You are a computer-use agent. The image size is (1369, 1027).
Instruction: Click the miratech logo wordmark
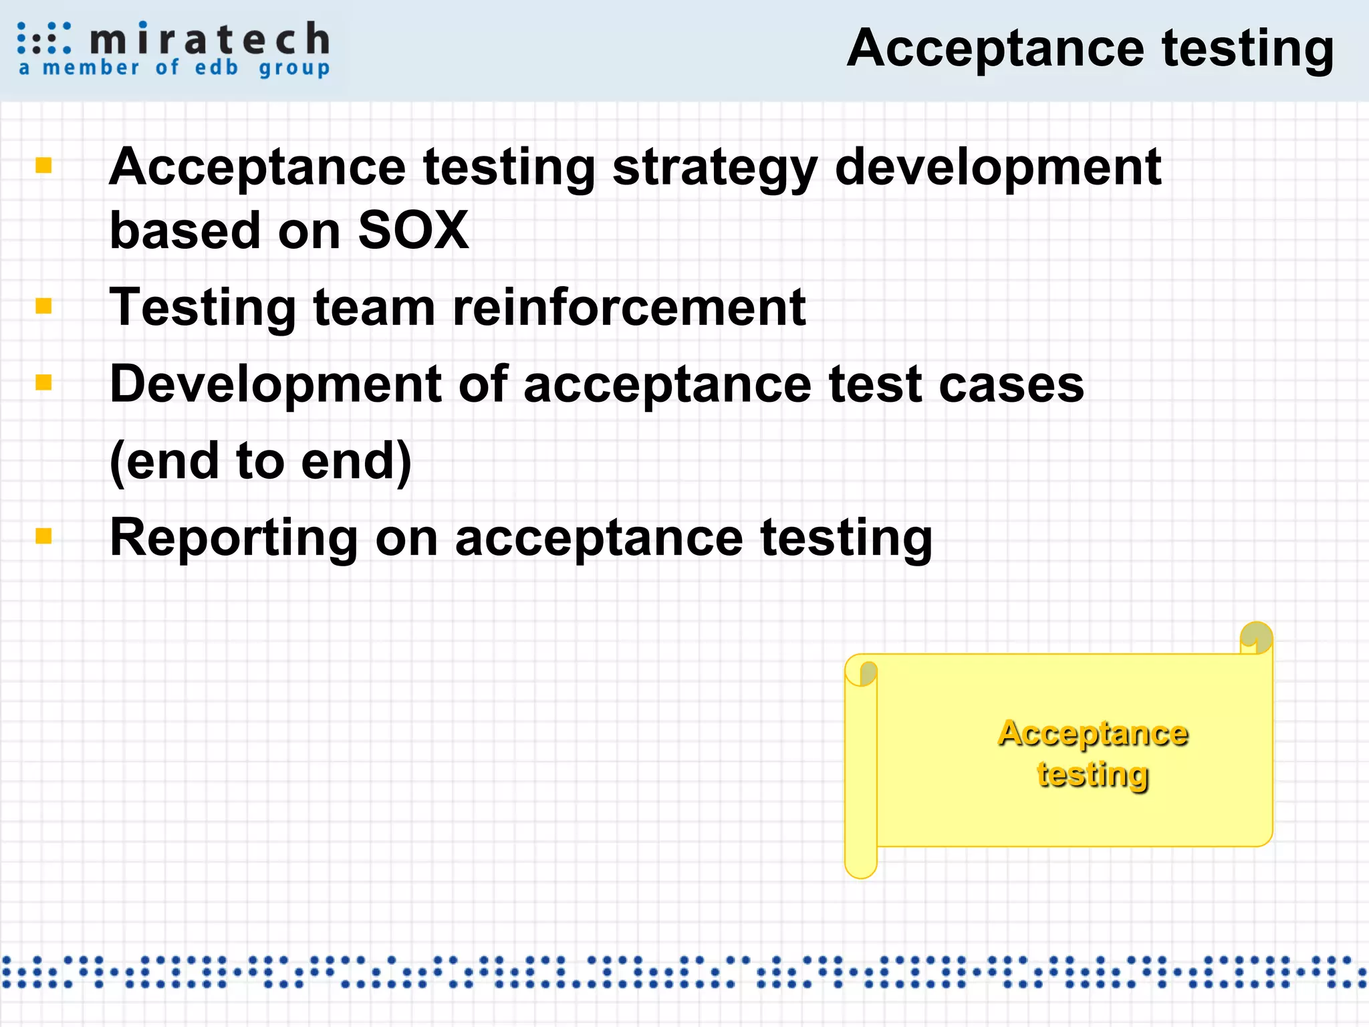209,39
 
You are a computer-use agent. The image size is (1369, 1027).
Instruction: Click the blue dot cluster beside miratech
43,38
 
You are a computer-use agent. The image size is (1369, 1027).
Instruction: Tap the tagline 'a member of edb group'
174,68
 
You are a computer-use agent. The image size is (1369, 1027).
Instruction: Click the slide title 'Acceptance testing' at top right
1090,48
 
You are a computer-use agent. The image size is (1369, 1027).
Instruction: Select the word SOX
413,230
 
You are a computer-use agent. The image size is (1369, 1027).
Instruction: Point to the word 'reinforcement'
629,307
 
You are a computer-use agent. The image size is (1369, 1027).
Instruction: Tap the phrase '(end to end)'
261,461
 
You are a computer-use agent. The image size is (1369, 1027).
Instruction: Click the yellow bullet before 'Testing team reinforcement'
43,306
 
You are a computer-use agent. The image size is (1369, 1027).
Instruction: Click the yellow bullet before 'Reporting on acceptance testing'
43,536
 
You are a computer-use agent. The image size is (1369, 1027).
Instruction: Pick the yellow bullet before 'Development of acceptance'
43,382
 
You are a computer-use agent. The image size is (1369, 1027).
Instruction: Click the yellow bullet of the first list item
43,164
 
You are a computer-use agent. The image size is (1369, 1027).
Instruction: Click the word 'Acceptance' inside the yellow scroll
1093,733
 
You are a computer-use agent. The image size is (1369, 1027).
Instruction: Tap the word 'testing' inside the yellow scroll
1093,774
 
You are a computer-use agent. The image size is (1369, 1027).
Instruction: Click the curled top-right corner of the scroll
1256,637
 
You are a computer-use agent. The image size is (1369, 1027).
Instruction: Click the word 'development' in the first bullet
998,167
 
